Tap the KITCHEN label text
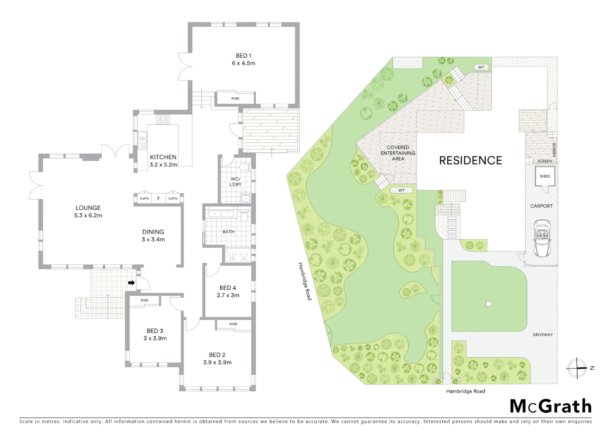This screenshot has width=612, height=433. tap(163, 157)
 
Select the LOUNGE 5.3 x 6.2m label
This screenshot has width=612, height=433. tap(88, 211)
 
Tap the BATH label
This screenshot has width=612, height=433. tap(228, 232)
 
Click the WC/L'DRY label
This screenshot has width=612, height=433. tap(236, 182)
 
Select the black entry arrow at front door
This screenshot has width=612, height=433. tap(131, 283)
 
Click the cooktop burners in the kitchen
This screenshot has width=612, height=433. tap(163, 119)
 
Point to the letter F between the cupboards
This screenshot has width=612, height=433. tap(159, 198)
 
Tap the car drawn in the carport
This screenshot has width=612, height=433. tap(542, 238)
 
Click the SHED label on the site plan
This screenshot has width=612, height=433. tap(545, 176)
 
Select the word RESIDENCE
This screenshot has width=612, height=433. tap(471, 161)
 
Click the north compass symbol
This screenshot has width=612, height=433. tap(577, 368)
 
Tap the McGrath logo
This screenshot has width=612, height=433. tap(551, 406)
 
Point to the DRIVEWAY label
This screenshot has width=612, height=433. tap(543, 335)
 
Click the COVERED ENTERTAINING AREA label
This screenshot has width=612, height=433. tap(398, 153)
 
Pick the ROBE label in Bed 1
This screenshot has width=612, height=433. tap(235, 98)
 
